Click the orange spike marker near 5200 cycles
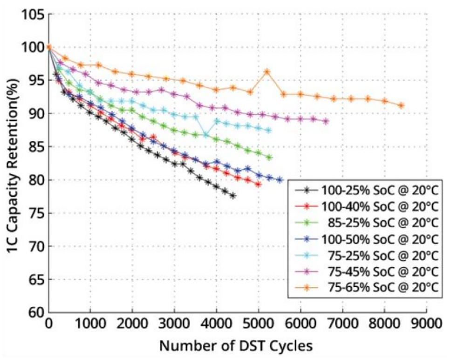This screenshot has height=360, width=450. point(267,71)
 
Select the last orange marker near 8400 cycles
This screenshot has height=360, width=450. point(401,105)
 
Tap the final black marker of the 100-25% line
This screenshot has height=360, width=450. point(233,196)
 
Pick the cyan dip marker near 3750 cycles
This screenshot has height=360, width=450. point(205,134)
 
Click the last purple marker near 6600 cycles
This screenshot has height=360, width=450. point(326,121)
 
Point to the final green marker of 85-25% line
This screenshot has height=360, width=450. point(269,158)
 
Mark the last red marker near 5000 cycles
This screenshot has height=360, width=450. point(258,184)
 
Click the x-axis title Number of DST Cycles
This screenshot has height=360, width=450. point(236,346)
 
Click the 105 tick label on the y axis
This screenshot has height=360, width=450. point(33,14)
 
